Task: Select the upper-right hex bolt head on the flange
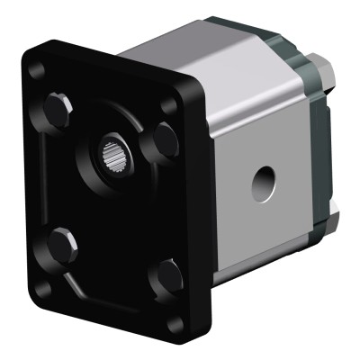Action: (x=165, y=139)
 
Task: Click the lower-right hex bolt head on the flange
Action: (x=165, y=276)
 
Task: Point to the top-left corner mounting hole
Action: (x=36, y=70)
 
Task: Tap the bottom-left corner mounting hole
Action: (x=40, y=290)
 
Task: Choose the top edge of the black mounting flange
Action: (x=117, y=63)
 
